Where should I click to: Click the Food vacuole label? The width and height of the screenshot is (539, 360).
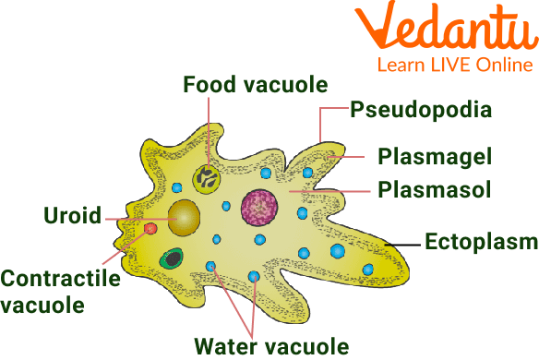[x=255, y=86]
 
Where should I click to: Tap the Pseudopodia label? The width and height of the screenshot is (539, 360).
[x=420, y=111]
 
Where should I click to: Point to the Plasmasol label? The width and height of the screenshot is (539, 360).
[x=434, y=190]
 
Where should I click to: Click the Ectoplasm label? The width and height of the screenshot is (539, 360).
[x=481, y=242]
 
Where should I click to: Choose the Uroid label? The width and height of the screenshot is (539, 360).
[x=73, y=218]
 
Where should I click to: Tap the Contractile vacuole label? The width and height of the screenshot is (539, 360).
[x=60, y=290]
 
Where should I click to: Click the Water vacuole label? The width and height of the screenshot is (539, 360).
[x=271, y=346]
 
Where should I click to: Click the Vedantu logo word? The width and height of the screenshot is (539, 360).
[x=454, y=31]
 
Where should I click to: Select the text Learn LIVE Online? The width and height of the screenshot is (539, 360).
[x=454, y=66]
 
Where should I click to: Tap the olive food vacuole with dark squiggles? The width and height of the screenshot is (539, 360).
[x=207, y=177]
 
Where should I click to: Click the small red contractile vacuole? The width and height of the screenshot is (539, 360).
[x=150, y=228]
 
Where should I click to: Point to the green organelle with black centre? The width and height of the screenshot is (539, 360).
[x=170, y=259]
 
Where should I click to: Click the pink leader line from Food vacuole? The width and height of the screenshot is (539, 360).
[x=210, y=129]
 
